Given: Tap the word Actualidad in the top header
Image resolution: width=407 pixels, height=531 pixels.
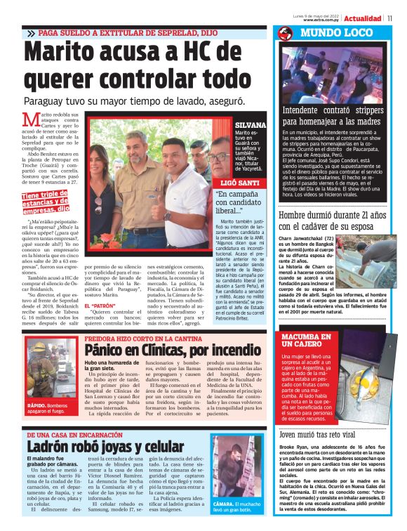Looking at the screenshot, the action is [x=363, y=18].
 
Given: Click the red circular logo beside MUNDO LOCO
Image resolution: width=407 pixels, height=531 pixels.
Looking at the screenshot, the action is [x=285, y=33].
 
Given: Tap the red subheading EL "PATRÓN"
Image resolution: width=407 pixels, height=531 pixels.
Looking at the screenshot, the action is [x=100, y=308].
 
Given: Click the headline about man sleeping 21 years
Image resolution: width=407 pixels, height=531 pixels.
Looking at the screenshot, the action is [x=332, y=221].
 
